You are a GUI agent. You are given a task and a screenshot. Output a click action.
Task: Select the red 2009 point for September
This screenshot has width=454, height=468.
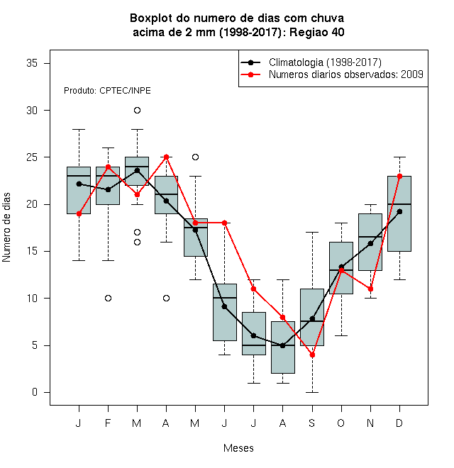coord(312,355)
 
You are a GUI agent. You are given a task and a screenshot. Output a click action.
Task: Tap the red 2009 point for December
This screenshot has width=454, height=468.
coord(399,176)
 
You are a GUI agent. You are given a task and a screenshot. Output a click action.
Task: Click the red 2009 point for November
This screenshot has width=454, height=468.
coord(371,289)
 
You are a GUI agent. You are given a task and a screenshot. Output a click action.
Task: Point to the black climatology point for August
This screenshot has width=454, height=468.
coord(283,345)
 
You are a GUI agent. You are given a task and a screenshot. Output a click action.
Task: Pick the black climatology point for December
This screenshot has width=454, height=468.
coord(399,211)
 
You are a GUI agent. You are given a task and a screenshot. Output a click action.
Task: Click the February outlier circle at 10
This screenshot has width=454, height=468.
coord(108,298)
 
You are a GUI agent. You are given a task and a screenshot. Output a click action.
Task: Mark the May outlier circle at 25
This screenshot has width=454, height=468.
coord(195,157)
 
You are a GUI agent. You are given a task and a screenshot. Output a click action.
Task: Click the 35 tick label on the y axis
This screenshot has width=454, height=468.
coord(32,63)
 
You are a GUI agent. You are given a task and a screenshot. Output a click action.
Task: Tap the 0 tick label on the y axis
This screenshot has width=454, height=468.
coord(35,392)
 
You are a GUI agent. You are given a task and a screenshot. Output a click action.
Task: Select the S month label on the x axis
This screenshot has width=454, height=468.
coord(312,423)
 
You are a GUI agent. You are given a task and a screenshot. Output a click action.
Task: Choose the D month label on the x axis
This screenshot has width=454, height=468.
coord(399,423)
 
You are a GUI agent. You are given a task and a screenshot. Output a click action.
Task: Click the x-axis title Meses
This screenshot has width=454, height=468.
coord(238,448)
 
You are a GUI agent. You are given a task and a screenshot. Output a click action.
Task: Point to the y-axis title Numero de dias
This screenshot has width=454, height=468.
coord(6,228)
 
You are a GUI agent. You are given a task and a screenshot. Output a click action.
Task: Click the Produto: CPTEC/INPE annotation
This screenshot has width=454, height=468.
coord(107,91)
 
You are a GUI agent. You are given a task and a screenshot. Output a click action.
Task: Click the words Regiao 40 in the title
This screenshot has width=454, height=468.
coord(317,32)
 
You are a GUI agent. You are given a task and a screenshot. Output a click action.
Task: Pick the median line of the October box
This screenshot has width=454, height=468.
coord(341,270)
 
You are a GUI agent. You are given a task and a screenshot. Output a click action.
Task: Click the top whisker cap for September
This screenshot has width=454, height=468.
coord(312,232)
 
